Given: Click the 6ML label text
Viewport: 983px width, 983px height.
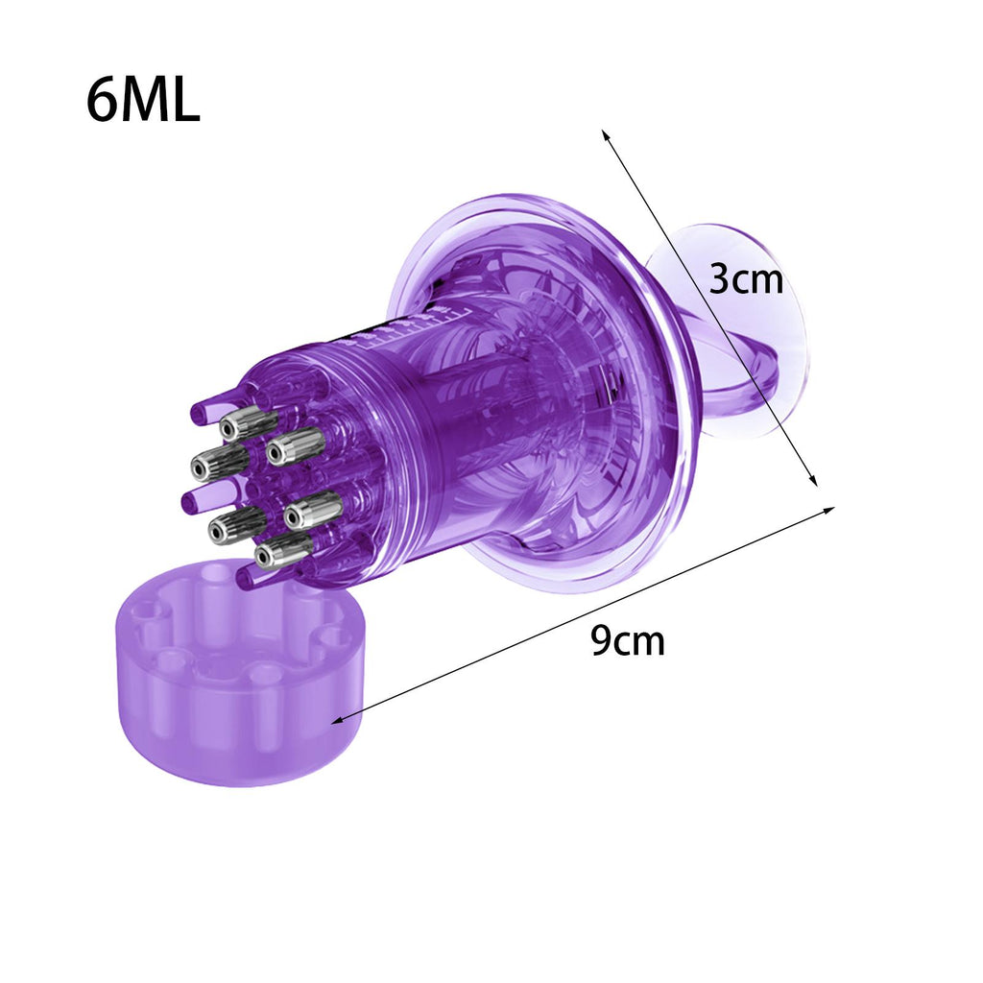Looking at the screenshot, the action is point(143,100).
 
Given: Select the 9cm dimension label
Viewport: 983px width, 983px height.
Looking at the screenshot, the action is point(628,640).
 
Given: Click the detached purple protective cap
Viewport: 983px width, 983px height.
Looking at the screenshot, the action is point(241,672).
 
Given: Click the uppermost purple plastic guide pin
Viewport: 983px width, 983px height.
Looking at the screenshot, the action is point(200,413).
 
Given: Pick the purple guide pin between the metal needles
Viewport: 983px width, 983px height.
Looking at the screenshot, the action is point(192,500).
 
